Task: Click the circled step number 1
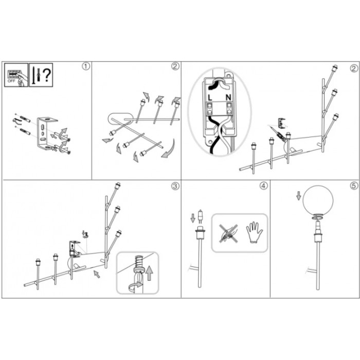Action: pyautogui.click(x=86, y=66)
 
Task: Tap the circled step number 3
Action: pyautogui.click(x=175, y=186)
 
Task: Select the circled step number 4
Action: pyautogui.click(x=264, y=186)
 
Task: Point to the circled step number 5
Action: pyautogui.click(x=354, y=186)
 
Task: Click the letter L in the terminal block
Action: pyautogui.click(x=210, y=98)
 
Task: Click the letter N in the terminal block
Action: pyautogui.click(x=228, y=98)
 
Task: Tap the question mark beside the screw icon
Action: pyautogui.click(x=47, y=75)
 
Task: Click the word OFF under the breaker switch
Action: pyautogui.click(x=11, y=81)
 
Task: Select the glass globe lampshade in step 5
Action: pyautogui.click(x=318, y=200)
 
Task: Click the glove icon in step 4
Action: pyautogui.click(x=254, y=232)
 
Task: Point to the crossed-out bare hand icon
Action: pyautogui.click(x=228, y=233)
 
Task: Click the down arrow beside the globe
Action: pyautogui.click(x=298, y=196)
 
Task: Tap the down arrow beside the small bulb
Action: pyautogui.click(x=193, y=218)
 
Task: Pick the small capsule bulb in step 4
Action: pyautogui.click(x=200, y=216)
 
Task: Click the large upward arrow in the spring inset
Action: pyautogui.click(x=149, y=273)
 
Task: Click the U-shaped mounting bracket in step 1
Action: pyautogui.click(x=46, y=133)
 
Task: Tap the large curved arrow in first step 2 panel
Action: pyautogui.click(x=169, y=149)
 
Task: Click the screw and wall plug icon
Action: pyautogui.click(x=37, y=75)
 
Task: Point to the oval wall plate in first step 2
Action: pyautogui.click(x=120, y=119)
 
